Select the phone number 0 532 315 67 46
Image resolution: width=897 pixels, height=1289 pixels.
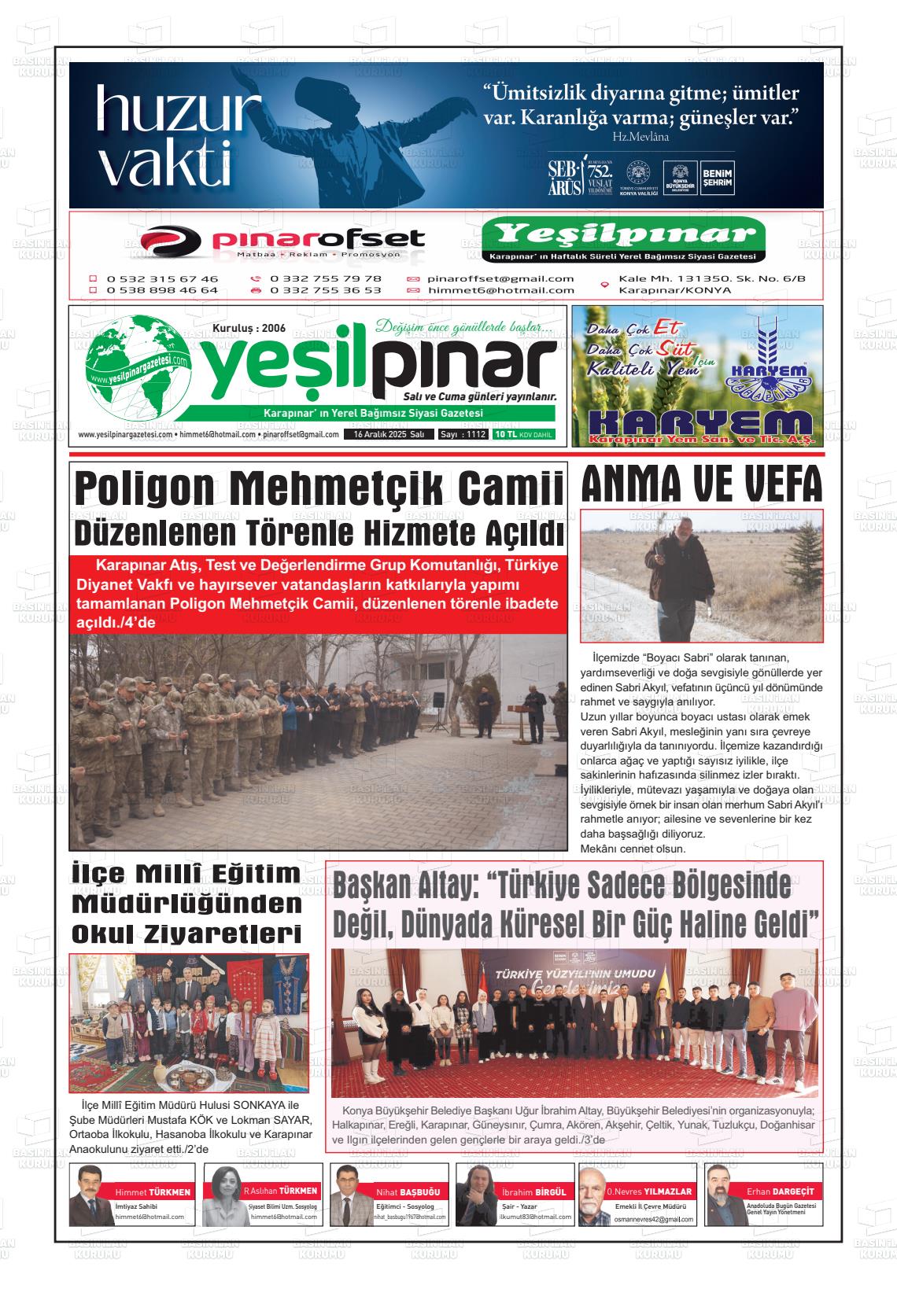[x=163, y=278]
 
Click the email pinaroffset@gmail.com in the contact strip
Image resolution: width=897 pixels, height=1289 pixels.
[x=500, y=278]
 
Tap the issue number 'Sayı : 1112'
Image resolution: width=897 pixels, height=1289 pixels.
[x=463, y=434]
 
